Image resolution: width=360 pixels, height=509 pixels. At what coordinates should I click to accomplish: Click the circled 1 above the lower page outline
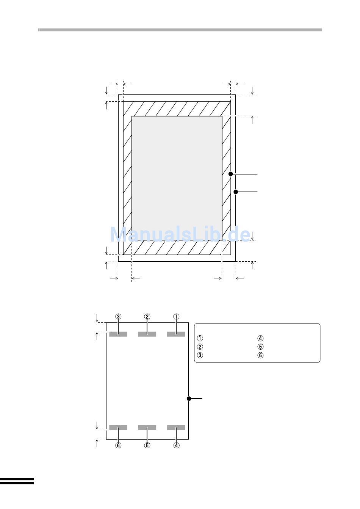176,317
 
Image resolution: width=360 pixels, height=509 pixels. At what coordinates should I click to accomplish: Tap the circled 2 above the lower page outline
147,317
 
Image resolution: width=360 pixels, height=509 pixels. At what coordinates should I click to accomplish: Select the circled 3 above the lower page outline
118,317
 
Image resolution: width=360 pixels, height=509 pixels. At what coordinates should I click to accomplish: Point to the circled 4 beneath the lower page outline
176,445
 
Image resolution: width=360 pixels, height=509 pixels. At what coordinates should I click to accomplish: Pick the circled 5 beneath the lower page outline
147,445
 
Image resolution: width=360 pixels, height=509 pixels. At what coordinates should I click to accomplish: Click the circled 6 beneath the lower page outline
118,445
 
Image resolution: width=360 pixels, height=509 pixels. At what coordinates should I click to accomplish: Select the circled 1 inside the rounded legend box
200,338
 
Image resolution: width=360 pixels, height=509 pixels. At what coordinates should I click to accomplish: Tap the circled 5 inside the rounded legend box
260,347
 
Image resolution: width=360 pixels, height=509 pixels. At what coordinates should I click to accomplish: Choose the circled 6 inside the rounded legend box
260,355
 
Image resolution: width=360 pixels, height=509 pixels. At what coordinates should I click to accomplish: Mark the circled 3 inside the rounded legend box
200,355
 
